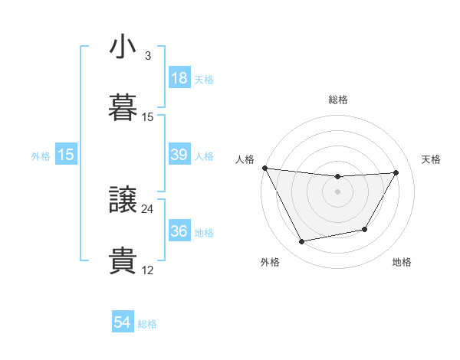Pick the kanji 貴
(x=123, y=261)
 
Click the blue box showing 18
(x=179, y=78)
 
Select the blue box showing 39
(x=179, y=155)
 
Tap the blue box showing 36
(x=179, y=231)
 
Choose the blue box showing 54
(x=123, y=323)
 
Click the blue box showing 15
(x=66, y=155)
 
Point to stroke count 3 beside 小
(x=147, y=56)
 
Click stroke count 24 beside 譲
(x=147, y=208)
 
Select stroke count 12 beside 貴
(x=147, y=270)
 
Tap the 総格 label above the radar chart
(x=338, y=100)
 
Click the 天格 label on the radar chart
(x=432, y=159)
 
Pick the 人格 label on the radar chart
(x=245, y=159)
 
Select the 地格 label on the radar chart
(x=402, y=262)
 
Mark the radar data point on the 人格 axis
(x=264, y=168)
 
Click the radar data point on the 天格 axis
(x=396, y=172)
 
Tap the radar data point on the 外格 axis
(x=301, y=242)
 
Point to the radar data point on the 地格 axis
(x=365, y=229)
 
